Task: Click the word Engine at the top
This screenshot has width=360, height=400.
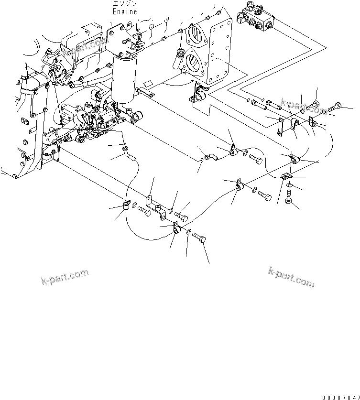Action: [x=125, y=11]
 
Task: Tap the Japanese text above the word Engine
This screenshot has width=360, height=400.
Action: [x=125, y=3]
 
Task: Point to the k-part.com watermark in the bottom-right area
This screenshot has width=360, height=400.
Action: [x=291, y=277]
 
